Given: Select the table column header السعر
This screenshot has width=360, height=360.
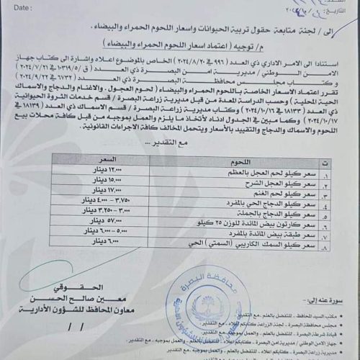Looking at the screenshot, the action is [x=108, y=158].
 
